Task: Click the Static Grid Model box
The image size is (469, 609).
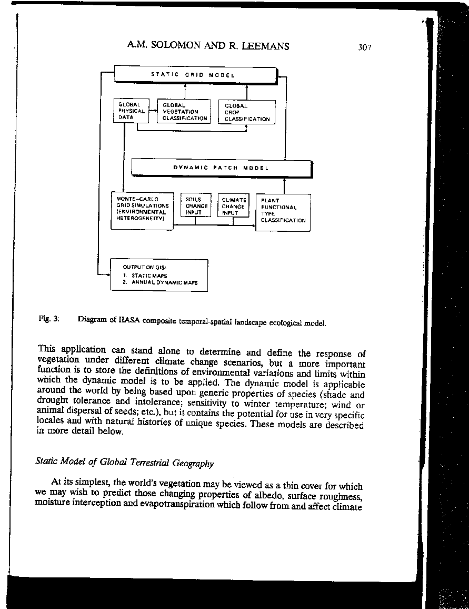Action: click(195, 75)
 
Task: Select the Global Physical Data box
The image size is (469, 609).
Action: click(131, 111)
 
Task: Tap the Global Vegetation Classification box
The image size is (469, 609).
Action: click(184, 112)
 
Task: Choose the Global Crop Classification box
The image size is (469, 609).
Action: click(246, 112)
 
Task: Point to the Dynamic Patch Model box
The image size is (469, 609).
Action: click(221, 168)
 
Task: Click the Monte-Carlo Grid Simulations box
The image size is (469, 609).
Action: click(142, 210)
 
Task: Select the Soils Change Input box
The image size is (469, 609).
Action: click(196, 206)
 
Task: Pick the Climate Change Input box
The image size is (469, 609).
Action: click(233, 206)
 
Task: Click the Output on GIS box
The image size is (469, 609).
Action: click(158, 274)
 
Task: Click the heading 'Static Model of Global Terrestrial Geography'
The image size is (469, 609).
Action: click(124, 463)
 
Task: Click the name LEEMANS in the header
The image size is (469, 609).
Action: click(263, 46)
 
